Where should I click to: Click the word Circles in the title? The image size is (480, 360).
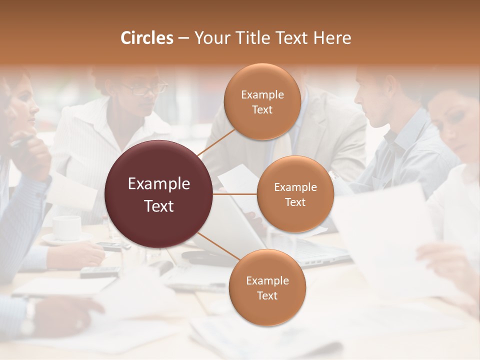[x=146, y=38]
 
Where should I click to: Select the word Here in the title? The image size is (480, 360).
[x=332, y=38]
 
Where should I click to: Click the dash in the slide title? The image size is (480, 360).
[x=183, y=38]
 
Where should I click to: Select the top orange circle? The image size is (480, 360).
[x=262, y=101]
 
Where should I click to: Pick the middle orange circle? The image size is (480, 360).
[x=295, y=194]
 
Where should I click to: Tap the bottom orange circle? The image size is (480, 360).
[x=267, y=287]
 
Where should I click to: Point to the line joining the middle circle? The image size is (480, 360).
[x=235, y=193]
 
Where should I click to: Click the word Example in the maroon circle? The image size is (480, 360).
[x=159, y=184]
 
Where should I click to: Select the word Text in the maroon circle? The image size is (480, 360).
[x=159, y=206]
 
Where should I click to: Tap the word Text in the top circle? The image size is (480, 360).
[x=262, y=109]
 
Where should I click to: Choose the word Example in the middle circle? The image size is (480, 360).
[x=295, y=187]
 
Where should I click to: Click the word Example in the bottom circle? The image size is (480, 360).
[x=267, y=280]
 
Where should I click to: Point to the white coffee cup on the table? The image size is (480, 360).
[x=66, y=227]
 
